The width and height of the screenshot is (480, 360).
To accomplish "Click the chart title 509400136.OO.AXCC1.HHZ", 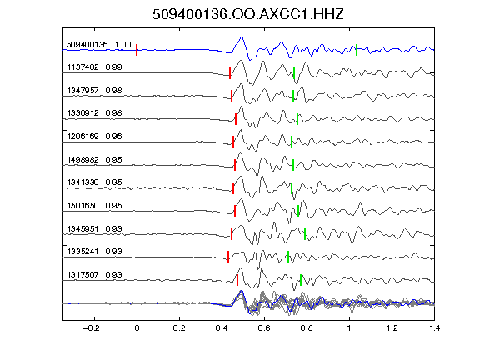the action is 248,14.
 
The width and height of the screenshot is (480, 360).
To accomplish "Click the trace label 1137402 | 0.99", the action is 94,67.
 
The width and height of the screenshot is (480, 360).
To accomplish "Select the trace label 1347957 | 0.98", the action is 94,90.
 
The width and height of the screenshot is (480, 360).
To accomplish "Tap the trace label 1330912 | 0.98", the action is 94,113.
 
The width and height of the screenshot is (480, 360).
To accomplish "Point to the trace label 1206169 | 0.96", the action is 94,136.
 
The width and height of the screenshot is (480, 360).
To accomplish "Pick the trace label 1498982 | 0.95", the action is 94,159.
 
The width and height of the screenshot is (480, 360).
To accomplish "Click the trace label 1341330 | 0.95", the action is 94,182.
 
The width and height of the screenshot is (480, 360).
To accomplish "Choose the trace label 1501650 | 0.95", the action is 94,205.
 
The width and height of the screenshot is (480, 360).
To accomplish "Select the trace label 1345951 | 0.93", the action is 94,228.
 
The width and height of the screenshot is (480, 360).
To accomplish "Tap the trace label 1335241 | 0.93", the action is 94,252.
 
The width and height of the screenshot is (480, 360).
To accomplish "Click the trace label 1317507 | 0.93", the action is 94,275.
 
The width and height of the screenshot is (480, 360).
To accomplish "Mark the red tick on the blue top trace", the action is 137,50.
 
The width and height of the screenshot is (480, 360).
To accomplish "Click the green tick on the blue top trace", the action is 357,50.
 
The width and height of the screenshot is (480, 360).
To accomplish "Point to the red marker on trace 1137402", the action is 230,72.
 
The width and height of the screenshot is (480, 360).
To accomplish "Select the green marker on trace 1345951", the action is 305,234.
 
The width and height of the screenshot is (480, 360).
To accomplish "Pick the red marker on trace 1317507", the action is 237,280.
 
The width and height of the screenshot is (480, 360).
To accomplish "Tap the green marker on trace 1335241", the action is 288,257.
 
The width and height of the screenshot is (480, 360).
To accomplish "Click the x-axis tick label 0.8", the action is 307,328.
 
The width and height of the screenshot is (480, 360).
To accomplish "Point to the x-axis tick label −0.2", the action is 92,328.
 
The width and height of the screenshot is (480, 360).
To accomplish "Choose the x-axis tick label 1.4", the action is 435,328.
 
